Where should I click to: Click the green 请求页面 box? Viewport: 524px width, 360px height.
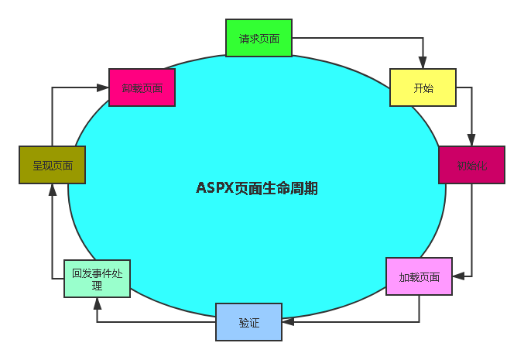point(259,38)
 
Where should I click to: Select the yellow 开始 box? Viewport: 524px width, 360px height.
point(423,87)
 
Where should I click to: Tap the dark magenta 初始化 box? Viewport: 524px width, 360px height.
point(471,165)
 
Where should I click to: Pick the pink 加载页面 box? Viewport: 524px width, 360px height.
point(419,276)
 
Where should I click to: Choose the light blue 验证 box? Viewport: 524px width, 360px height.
point(248,322)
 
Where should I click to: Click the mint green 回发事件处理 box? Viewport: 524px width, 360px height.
point(97,279)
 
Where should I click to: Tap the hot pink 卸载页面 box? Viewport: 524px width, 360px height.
point(142,87)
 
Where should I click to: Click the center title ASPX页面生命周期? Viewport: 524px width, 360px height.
point(257,188)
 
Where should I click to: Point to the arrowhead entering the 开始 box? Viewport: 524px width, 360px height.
point(423,63)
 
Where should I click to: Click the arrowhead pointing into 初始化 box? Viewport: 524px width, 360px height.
point(471,141)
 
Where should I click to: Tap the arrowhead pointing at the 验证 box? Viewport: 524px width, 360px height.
point(287,321)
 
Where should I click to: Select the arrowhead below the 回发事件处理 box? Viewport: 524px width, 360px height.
point(97,304)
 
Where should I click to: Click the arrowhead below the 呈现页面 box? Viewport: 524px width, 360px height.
point(52,190)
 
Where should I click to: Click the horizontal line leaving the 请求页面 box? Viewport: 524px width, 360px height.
point(356,38)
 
